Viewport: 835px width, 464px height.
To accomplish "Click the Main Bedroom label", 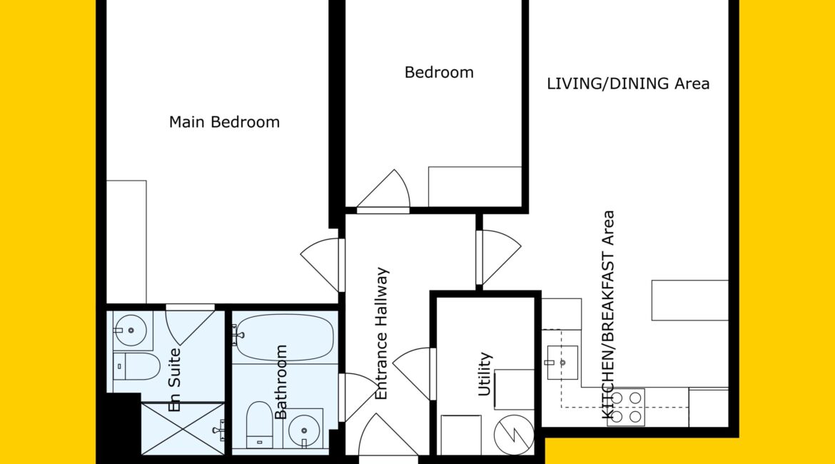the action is [x=224, y=122].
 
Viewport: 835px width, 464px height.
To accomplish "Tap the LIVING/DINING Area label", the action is [x=628, y=84].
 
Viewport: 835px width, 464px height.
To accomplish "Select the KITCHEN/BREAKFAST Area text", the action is [x=607, y=314].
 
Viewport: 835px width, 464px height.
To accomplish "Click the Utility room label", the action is [x=484, y=374].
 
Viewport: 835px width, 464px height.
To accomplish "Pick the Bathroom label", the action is [x=280, y=382].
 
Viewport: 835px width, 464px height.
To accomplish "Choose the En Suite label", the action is [x=174, y=380].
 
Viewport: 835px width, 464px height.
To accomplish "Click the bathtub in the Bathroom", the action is [x=285, y=337].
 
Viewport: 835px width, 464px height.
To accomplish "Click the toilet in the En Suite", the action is [x=136, y=366].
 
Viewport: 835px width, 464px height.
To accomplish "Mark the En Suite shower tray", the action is [x=183, y=428].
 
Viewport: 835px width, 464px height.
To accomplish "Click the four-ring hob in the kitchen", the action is [x=627, y=407].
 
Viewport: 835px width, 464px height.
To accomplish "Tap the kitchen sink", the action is [x=562, y=363].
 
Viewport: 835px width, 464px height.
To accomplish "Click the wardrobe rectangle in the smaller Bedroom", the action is [x=475, y=186].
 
